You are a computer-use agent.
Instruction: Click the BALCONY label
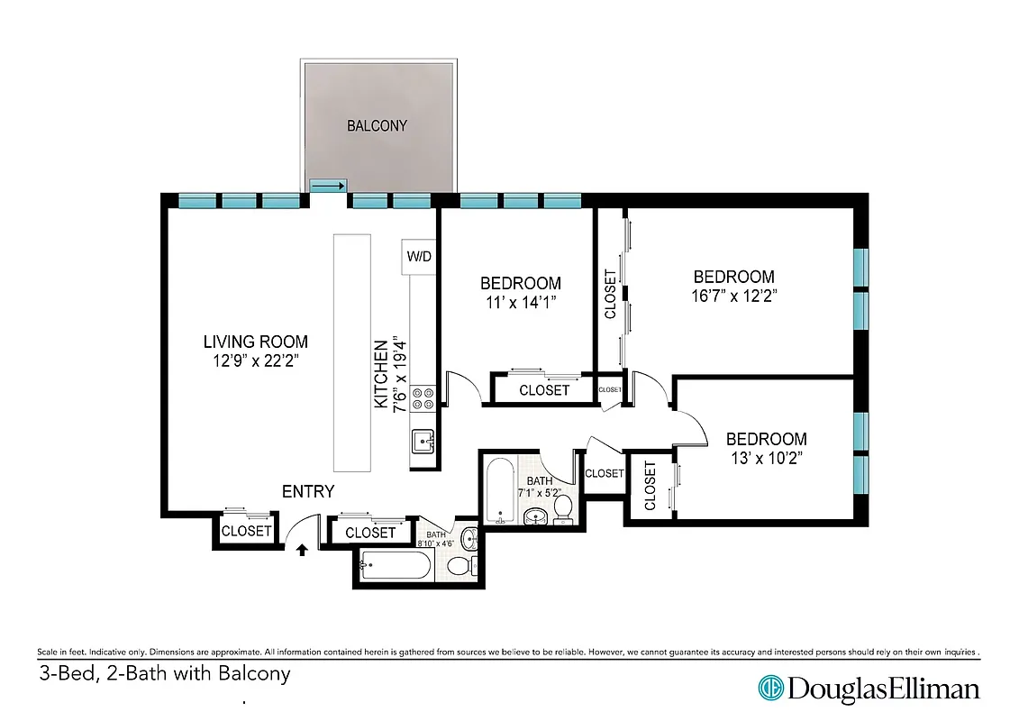[377, 126]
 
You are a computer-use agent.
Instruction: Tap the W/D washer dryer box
[419, 257]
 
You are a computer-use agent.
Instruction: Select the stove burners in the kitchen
[423, 399]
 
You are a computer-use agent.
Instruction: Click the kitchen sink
[423, 442]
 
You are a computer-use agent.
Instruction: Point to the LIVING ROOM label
[255, 342]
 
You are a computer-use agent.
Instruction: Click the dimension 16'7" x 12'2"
[733, 295]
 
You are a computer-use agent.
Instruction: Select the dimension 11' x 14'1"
[520, 302]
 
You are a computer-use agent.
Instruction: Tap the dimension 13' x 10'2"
[766, 458]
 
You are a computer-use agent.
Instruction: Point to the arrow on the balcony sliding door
[327, 187]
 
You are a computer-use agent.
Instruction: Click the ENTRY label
[308, 491]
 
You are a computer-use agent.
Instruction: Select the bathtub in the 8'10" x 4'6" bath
[395, 568]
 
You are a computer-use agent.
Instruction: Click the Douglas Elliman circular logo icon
[771, 689]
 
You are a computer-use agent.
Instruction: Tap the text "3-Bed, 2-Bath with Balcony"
[165, 673]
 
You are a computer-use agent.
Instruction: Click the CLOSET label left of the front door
[246, 531]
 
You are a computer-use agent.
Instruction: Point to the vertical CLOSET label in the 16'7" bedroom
[610, 294]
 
